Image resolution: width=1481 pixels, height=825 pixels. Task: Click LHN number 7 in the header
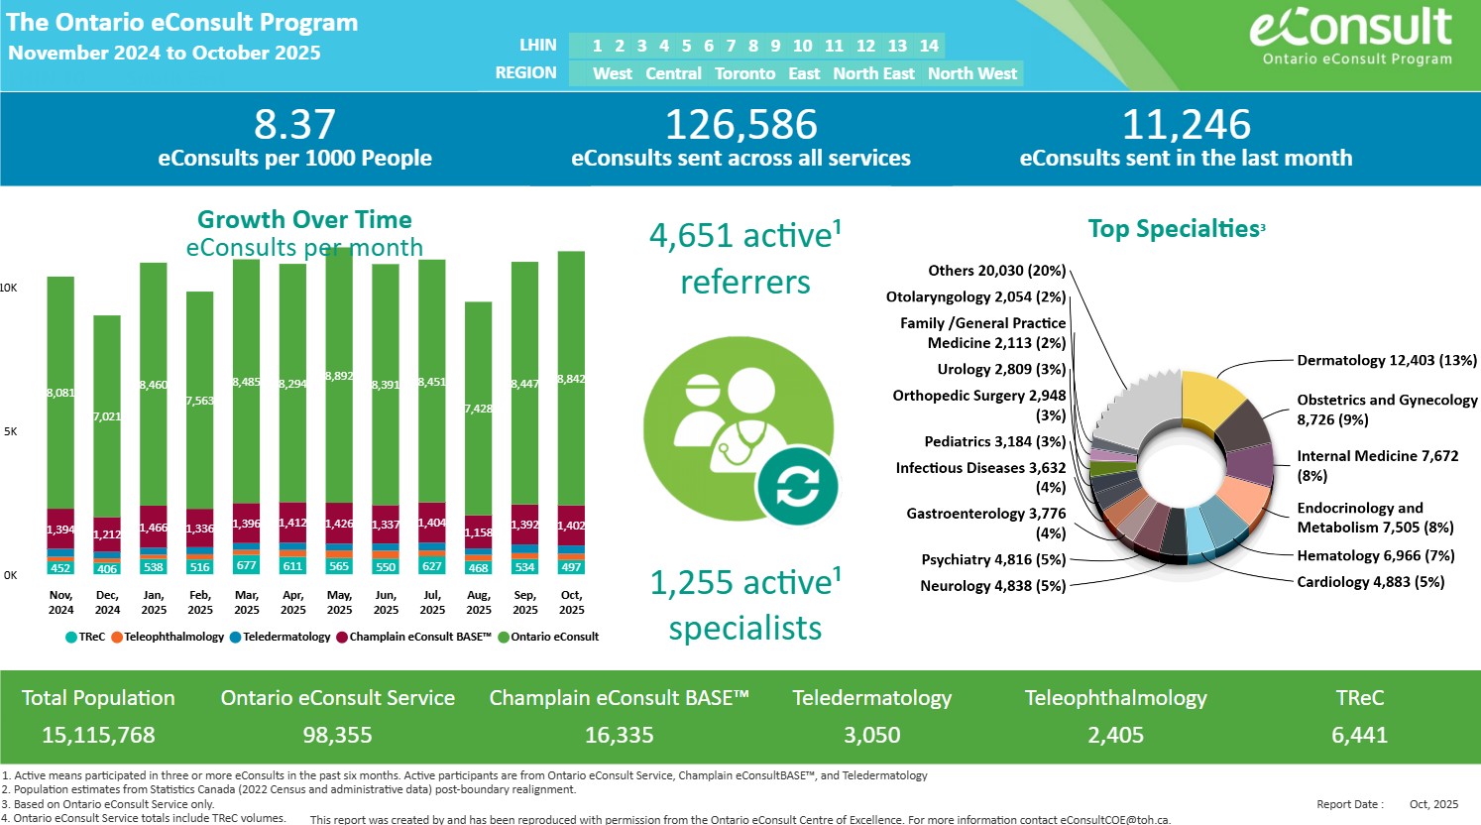click(x=731, y=46)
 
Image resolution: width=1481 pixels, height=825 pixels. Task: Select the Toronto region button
click(x=744, y=73)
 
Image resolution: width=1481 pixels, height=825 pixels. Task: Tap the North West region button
click(x=971, y=73)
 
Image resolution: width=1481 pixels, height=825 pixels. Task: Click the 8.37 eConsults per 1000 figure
click(x=294, y=125)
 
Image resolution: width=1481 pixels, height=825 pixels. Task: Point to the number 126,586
click(x=740, y=125)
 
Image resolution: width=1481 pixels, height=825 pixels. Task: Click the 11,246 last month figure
click(x=1186, y=125)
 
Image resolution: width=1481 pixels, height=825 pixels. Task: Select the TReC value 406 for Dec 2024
click(x=107, y=569)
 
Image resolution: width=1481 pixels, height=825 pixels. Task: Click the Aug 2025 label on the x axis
click(x=479, y=602)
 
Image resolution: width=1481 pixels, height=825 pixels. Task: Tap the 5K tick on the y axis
click(x=10, y=431)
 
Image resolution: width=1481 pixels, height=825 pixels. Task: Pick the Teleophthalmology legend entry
click(x=169, y=637)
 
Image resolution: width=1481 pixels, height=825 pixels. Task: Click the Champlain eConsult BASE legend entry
click(x=414, y=637)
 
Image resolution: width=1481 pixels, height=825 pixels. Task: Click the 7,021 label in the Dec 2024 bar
click(x=107, y=416)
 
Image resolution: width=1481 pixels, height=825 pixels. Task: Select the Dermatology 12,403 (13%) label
click(x=1387, y=360)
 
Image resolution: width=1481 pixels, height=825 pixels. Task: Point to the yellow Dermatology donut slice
click(x=1211, y=398)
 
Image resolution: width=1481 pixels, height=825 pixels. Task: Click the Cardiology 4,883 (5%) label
click(x=1370, y=582)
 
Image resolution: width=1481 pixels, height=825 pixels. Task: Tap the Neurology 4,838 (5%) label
click(x=992, y=586)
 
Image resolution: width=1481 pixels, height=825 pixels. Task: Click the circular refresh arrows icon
click(x=797, y=487)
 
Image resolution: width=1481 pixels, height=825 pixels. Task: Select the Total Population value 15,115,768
click(x=98, y=735)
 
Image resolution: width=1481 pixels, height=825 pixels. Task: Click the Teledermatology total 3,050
click(x=872, y=735)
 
